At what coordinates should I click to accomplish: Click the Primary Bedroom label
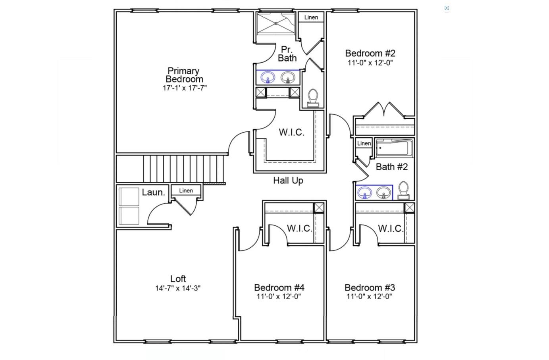click(x=184, y=75)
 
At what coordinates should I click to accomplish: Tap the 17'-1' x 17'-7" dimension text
click(x=185, y=88)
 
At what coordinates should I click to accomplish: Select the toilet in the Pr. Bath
click(x=313, y=98)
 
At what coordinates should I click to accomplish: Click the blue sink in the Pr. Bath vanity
click(x=268, y=77)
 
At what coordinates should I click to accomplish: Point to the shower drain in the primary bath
click(x=276, y=23)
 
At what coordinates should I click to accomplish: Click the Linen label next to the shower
click(x=311, y=17)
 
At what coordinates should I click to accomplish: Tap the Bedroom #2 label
click(x=370, y=53)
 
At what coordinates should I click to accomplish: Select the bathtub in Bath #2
click(x=394, y=148)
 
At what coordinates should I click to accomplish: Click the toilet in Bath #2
click(x=403, y=190)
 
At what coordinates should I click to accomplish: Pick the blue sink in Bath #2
click(x=365, y=193)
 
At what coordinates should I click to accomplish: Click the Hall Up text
click(x=288, y=181)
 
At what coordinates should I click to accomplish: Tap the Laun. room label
click(x=153, y=193)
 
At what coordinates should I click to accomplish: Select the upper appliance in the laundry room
click(x=129, y=196)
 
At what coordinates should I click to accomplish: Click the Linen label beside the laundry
click(x=186, y=191)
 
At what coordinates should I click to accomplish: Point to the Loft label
click(x=178, y=279)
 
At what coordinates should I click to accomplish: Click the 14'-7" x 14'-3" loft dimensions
click(x=178, y=288)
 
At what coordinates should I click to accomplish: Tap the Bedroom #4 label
click(x=279, y=287)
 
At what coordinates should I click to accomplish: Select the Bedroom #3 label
click(x=370, y=287)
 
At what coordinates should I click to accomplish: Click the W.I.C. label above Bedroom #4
click(x=299, y=228)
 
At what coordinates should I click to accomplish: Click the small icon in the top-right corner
click(x=447, y=8)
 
